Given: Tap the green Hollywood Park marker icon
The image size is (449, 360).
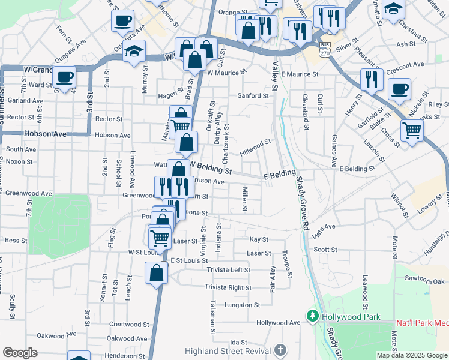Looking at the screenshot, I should tap(312, 316).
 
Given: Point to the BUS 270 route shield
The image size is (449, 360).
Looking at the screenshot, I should tap(325, 49).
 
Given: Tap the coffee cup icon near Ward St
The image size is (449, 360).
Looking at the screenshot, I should tap(64, 77).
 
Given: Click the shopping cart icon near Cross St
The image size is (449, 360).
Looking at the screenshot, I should tap(412, 130).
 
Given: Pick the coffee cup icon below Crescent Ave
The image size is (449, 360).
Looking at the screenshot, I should tap(399, 90).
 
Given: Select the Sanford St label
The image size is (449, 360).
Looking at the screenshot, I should tap(253, 95).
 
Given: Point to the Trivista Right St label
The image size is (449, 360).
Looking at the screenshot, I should tap(228, 287).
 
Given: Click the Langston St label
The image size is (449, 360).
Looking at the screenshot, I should tap(242, 305).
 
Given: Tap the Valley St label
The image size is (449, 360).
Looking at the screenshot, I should tap(276, 75).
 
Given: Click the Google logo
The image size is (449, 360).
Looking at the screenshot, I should tap(20, 353).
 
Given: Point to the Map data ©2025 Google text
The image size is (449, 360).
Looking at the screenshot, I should tap(412, 355).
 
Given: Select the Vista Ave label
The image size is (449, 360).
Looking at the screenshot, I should tap(324, 230).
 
